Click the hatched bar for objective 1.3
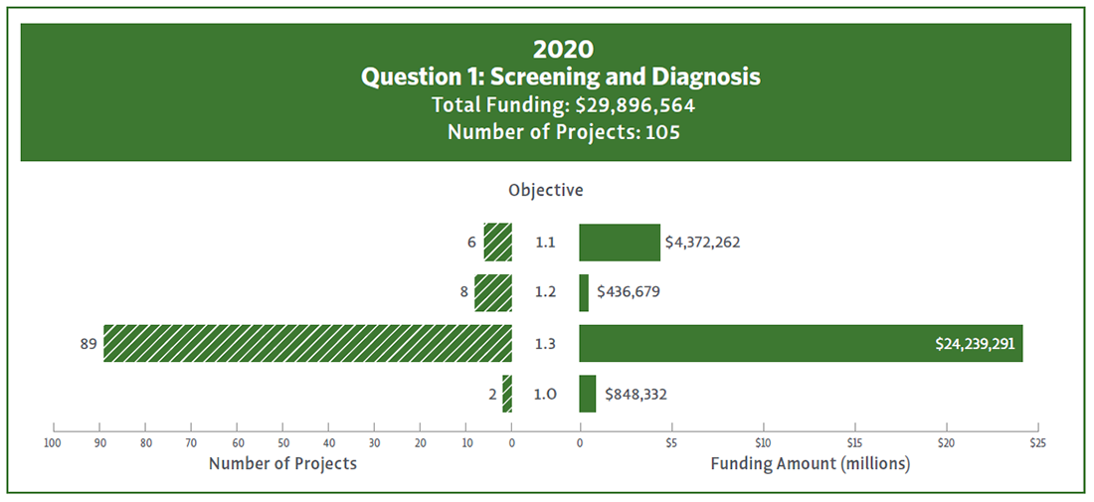307,343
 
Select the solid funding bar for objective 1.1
619,243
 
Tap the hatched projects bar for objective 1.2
493,293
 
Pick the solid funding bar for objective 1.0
587,394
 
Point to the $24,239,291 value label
976,343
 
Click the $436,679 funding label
629,293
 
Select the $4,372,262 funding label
703,243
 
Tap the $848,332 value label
636,395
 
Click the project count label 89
88,344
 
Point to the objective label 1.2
545,293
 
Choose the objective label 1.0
545,395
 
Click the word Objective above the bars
545,190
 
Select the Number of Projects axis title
282,463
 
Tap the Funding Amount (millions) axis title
810,463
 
